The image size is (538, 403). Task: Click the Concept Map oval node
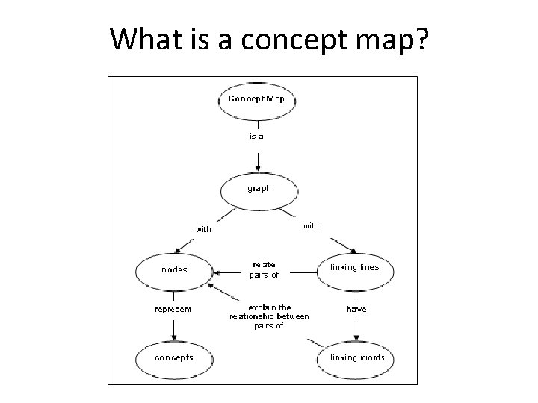pyautogui.click(x=256, y=99)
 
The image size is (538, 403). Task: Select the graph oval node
pyautogui.click(x=259, y=190)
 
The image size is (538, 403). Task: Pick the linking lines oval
pyautogui.click(x=354, y=268)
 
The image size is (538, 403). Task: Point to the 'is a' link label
pyautogui.click(x=256, y=137)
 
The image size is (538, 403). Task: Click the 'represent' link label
pyautogui.click(x=173, y=309)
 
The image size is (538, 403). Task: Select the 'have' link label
pyautogui.click(x=356, y=309)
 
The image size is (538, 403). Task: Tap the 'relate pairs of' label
pyautogui.click(x=264, y=269)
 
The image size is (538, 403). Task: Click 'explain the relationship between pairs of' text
pyautogui.click(x=269, y=316)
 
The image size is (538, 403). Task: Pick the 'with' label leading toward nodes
pyautogui.click(x=203, y=230)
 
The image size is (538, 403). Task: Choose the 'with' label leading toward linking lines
pyautogui.click(x=310, y=225)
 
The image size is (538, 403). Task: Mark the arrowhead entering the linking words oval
pyautogui.click(x=356, y=337)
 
